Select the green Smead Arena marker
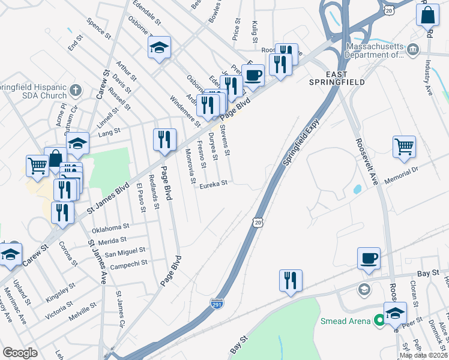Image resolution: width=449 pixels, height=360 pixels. [379, 321]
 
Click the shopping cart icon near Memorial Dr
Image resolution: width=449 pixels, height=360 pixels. [404, 146]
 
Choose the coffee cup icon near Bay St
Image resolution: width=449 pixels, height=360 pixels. [369, 258]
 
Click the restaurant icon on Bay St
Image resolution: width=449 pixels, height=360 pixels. [291, 280]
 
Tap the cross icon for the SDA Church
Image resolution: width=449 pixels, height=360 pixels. [75, 91]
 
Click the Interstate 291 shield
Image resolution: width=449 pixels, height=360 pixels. [218, 304]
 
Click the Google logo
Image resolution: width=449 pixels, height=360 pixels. [20, 353]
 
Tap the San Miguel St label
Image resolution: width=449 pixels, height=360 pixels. [125, 251]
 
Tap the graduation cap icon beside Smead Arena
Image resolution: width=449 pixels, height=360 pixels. [395, 312]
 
